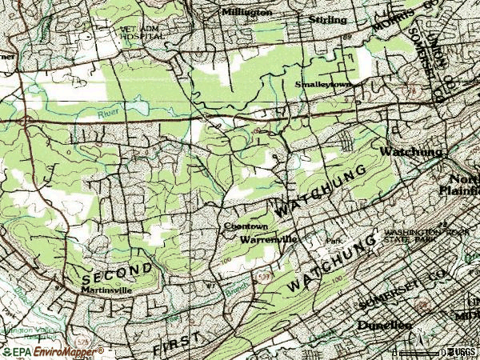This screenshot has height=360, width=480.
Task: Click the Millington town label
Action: [246, 13]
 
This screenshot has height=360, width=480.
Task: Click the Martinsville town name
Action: [113, 290]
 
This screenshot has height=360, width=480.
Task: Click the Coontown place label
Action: [239, 226]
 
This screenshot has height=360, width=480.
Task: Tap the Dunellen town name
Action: [385, 326]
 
